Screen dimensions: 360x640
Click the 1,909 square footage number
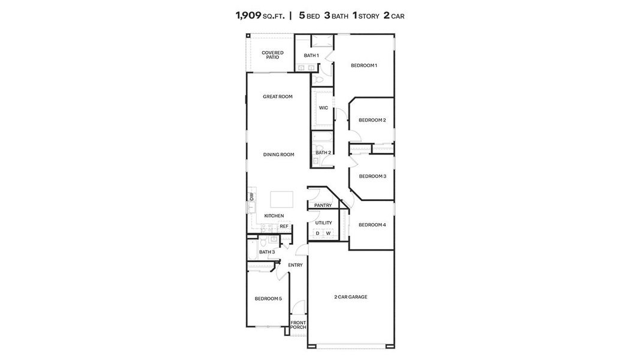[248, 16]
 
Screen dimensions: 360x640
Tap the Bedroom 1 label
[363, 65]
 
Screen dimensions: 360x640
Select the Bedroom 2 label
[372, 120]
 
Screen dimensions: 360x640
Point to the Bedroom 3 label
[372, 176]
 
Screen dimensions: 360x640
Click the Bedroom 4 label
[372, 225]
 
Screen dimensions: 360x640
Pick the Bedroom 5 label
[268, 299]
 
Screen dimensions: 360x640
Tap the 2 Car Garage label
[350, 297]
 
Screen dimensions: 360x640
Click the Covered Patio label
[272, 55]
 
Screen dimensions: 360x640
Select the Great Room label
[278, 97]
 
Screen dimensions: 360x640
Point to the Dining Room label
[279, 155]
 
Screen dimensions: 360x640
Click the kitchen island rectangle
[281, 199]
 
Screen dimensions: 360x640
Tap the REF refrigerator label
[284, 226]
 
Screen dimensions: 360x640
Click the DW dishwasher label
[252, 196]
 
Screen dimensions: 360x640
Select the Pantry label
[323, 205]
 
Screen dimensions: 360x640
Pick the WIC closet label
[323, 108]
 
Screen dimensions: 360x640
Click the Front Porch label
[298, 325]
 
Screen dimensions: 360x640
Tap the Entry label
[295, 265]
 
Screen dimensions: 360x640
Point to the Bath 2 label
[323, 152]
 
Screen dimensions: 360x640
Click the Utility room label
[323, 223]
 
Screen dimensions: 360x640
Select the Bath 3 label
[267, 252]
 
